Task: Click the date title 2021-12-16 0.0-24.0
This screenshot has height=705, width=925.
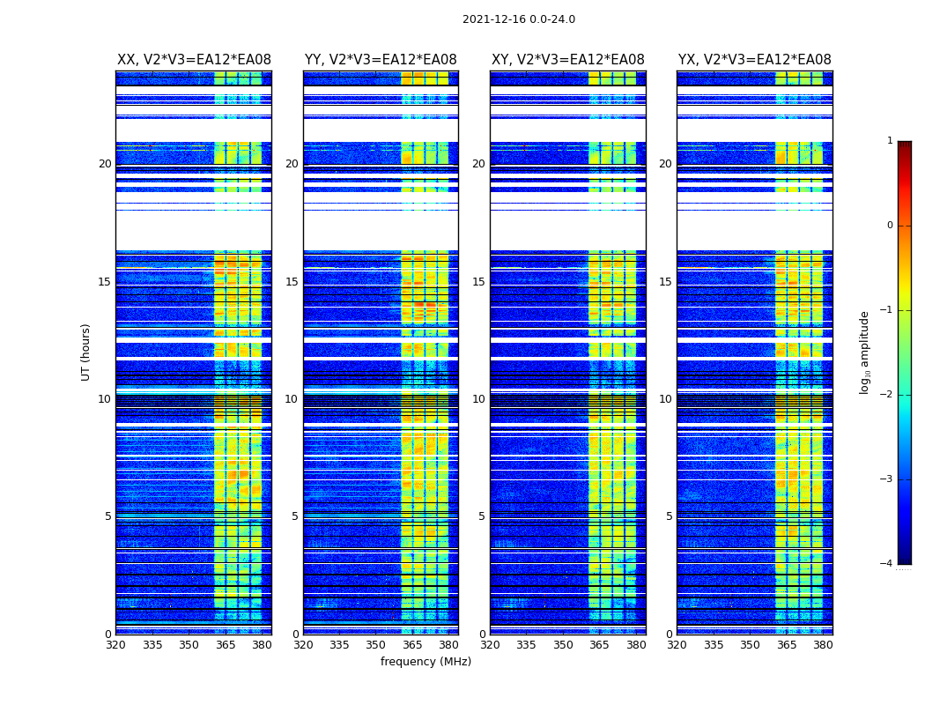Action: click(x=518, y=19)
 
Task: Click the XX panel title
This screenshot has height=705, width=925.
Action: click(x=194, y=60)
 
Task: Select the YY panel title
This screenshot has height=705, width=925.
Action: click(x=381, y=60)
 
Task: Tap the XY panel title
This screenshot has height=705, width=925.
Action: click(x=567, y=60)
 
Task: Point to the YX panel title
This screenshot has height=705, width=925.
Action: click(x=754, y=60)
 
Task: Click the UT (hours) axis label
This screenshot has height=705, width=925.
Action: click(x=86, y=352)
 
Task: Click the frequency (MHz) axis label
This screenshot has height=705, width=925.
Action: click(x=425, y=662)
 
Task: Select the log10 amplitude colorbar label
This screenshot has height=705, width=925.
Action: click(x=865, y=352)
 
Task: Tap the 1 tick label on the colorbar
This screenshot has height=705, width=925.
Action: click(x=889, y=141)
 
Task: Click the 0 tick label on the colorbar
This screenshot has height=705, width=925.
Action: click(x=889, y=226)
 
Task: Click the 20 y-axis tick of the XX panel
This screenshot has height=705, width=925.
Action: click(x=105, y=164)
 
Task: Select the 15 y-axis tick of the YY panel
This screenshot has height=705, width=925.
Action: click(x=292, y=282)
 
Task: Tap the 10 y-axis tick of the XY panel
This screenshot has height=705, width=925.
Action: click(x=478, y=399)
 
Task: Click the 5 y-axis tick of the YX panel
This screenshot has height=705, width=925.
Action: click(x=669, y=516)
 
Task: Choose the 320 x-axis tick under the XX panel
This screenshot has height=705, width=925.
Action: click(x=115, y=645)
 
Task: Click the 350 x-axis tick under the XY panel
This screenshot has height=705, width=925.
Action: click(x=563, y=645)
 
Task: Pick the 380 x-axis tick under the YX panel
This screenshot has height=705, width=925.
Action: click(x=823, y=645)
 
